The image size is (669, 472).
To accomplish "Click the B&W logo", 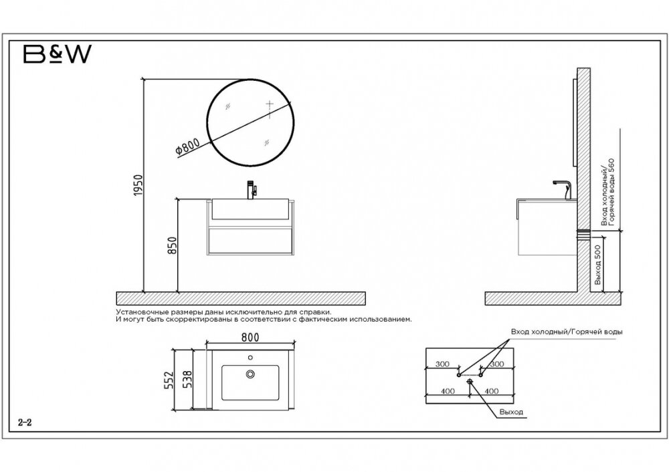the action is coord(57,54).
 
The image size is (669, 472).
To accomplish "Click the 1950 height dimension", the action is coord(137,185).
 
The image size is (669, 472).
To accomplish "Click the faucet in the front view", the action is coord(252,190).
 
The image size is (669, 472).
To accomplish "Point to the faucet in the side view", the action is coord(563,189).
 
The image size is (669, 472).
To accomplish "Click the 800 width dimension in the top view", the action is coord(250,337).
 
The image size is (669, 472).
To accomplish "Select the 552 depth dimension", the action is coord(169,380).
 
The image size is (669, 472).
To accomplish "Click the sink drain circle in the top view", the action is coord(250,374).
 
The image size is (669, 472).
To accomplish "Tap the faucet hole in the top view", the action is coord(250,357).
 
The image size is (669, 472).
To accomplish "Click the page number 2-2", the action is coord(25,423).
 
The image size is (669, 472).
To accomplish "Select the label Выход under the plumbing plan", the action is coord(511,412).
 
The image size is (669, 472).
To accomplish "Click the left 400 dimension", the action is coord(448,391).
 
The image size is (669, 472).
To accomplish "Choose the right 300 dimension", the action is coord(496,364).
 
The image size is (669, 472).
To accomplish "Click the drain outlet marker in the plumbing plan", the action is coord(470,381).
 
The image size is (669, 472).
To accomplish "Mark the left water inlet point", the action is coord(459,375).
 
